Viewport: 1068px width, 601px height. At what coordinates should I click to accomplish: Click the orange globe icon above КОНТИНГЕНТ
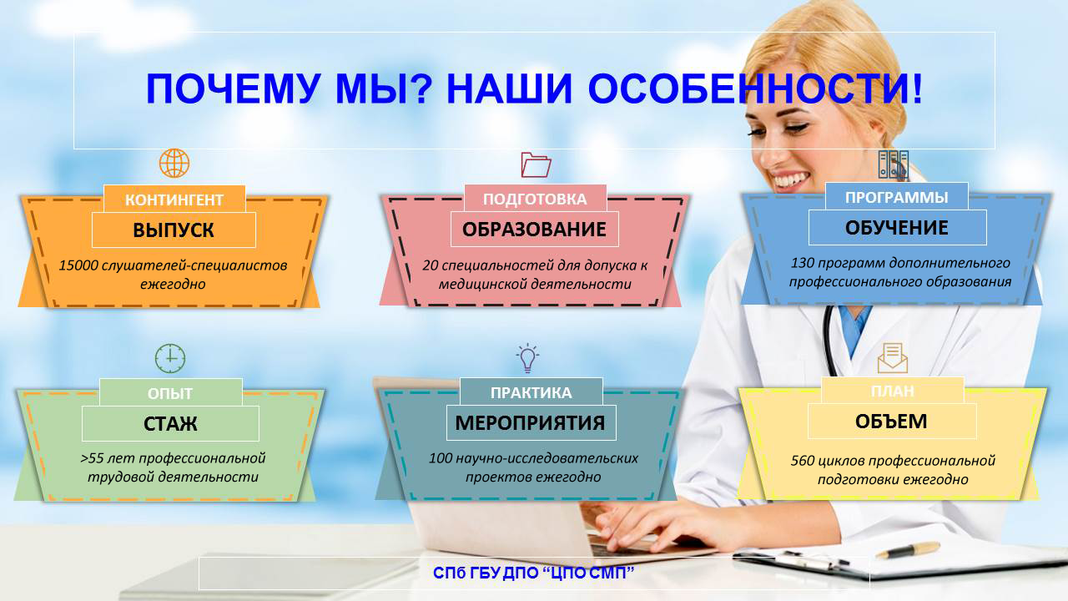[x=174, y=163]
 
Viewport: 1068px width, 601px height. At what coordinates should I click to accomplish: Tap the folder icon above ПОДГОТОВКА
[x=536, y=164]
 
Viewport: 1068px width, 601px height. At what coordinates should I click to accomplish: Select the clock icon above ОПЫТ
[x=170, y=358]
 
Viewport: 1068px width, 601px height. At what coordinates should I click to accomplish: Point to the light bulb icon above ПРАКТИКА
[x=527, y=358]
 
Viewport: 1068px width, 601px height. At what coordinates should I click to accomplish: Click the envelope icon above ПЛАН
[x=893, y=358]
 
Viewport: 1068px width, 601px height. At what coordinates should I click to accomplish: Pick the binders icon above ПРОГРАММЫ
[x=893, y=165]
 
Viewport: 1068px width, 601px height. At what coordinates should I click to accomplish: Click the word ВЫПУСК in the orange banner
[x=173, y=230]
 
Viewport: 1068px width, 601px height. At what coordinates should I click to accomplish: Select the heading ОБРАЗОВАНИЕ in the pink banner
[x=534, y=230]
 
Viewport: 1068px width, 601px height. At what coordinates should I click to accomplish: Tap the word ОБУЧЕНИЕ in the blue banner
[x=896, y=228]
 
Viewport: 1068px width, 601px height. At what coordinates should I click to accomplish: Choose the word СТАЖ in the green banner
[x=170, y=423]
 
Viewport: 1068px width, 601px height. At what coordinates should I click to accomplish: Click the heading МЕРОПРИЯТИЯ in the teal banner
[x=530, y=422]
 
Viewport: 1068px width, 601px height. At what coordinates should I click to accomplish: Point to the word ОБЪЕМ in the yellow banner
[x=891, y=422]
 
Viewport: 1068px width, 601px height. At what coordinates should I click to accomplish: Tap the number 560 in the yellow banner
[x=803, y=460]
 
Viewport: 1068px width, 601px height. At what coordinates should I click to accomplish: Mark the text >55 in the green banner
[x=92, y=458]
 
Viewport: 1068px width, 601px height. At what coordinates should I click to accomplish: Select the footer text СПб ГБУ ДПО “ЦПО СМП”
[x=533, y=573]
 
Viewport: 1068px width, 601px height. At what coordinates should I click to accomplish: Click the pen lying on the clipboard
[x=908, y=550]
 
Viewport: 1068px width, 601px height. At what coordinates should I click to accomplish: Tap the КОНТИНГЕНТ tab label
[x=174, y=199]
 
